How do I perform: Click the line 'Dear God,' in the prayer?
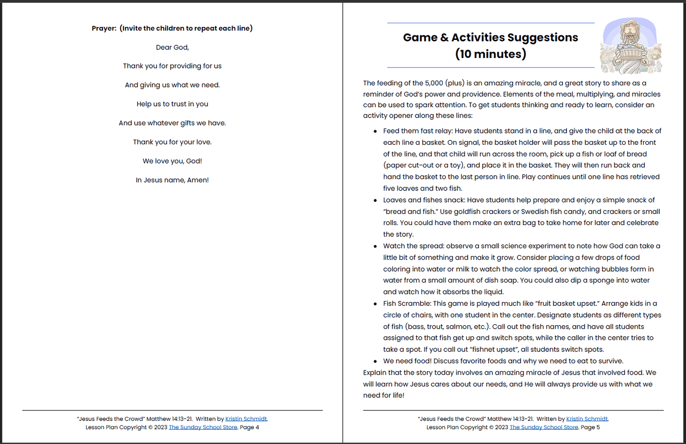172,47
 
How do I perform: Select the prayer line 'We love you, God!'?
172,161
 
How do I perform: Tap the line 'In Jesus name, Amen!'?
172,180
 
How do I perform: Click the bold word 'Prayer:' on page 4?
104,28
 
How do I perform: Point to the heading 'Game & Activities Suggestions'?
490,38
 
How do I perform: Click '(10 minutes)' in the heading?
490,54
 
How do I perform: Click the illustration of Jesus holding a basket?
630,46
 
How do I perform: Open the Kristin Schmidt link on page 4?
246,419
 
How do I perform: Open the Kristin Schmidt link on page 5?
587,419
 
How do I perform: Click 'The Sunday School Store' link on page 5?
544,427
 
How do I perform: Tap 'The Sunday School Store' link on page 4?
203,427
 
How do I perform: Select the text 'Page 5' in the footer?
591,427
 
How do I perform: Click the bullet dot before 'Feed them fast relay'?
375,132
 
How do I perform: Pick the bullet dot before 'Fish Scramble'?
375,304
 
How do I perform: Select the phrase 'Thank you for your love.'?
172,142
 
